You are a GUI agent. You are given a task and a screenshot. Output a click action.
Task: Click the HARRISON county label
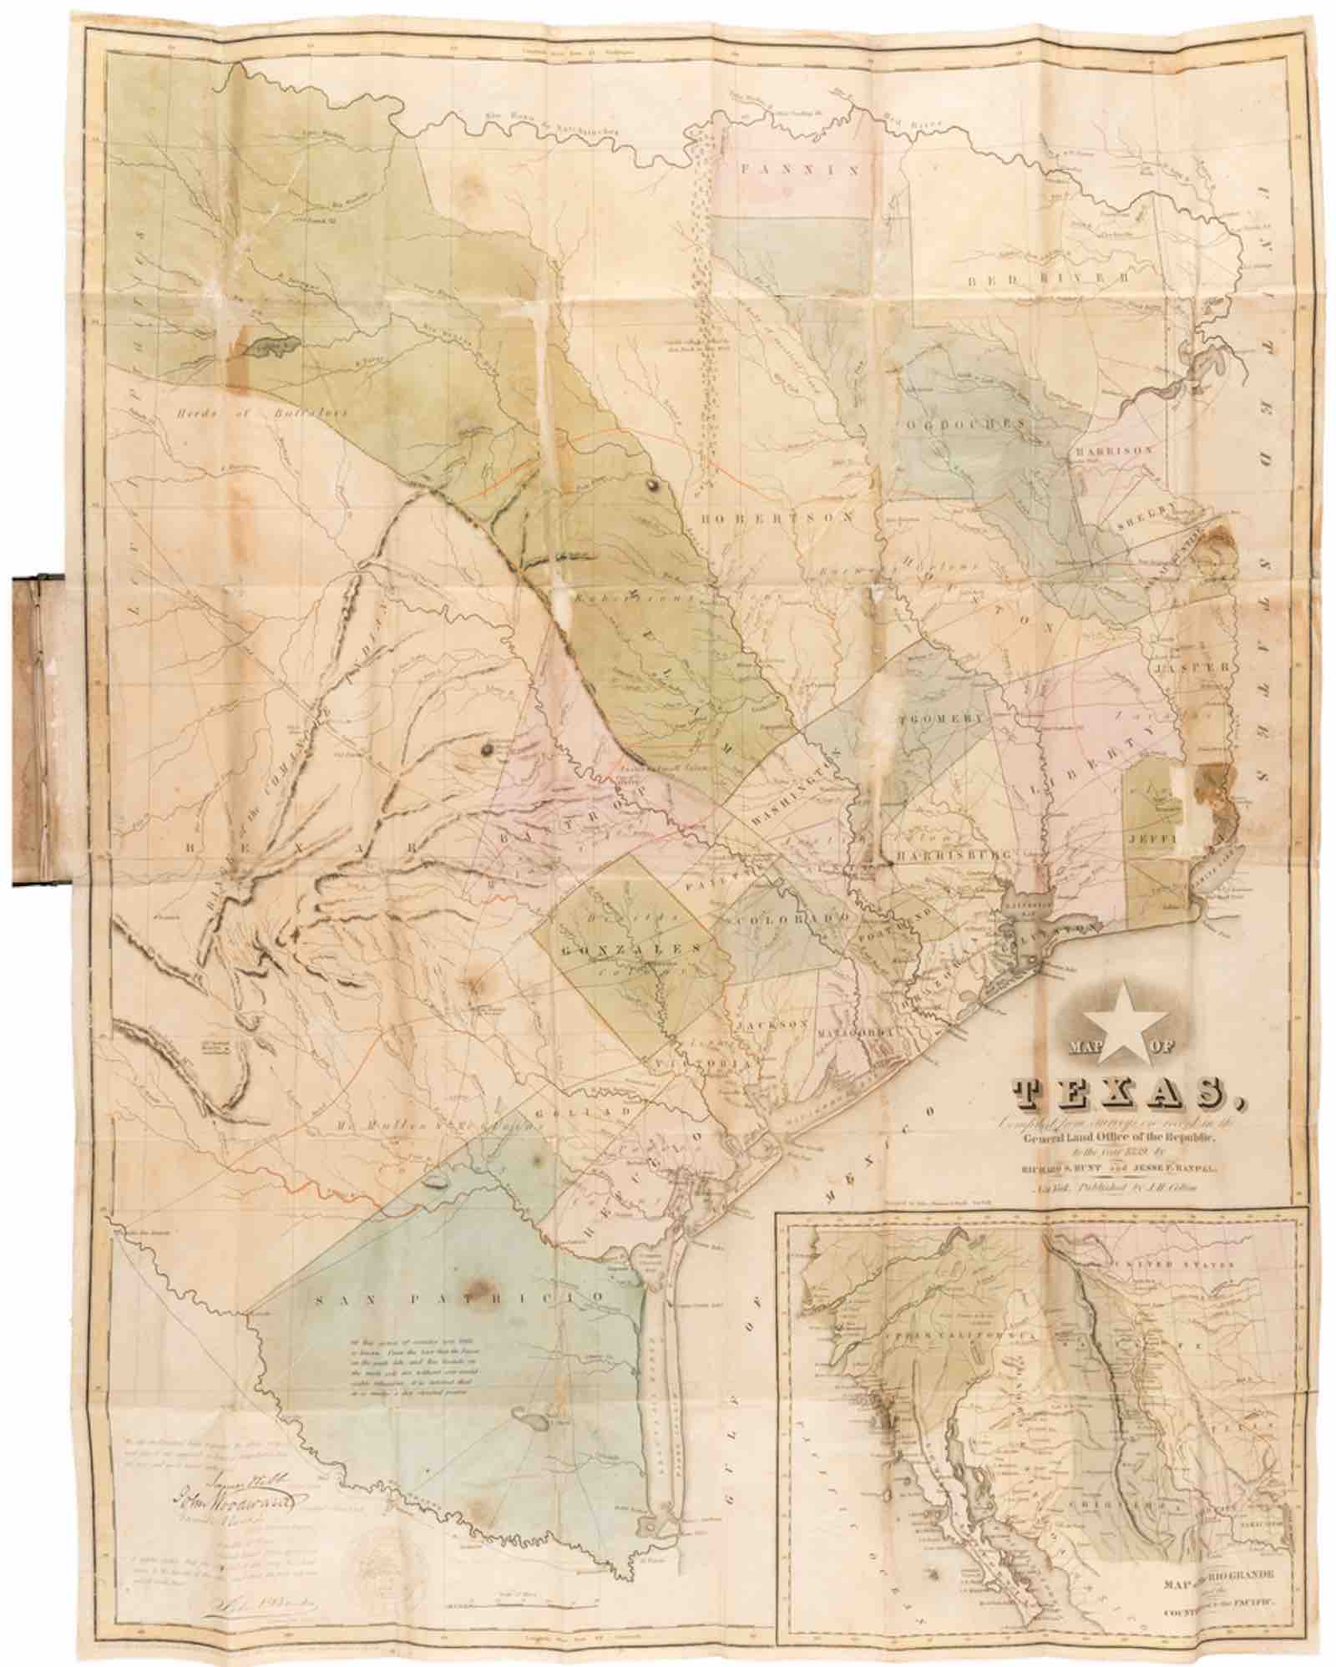point(1116,449)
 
